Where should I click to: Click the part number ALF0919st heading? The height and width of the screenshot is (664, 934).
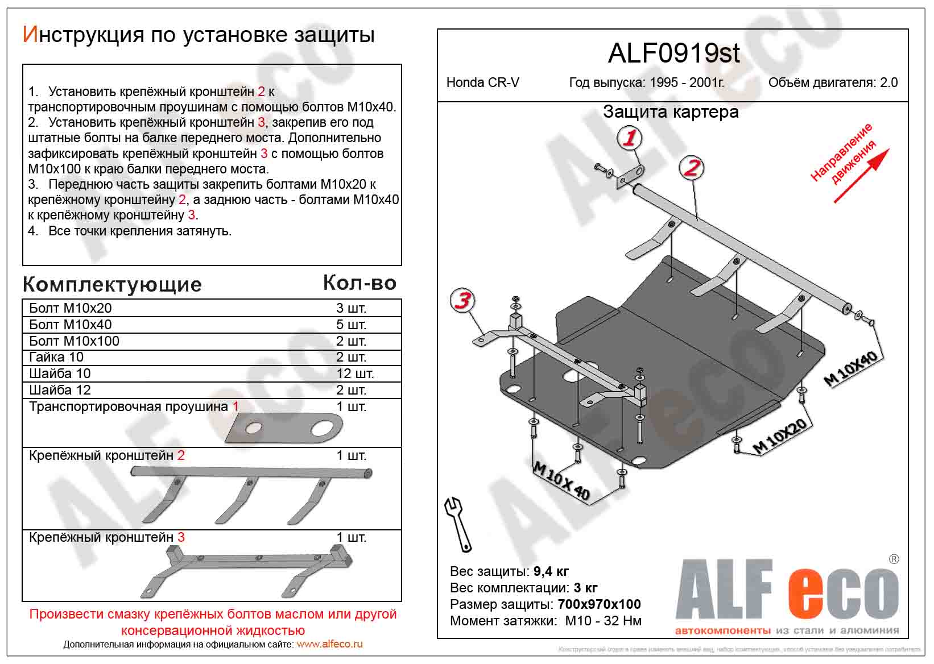(673, 53)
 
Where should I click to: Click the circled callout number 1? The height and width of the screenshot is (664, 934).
(629, 138)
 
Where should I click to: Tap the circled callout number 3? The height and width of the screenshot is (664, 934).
(462, 300)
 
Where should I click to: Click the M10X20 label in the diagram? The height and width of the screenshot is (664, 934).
(780, 437)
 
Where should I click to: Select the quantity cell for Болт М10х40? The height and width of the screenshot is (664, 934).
(351, 325)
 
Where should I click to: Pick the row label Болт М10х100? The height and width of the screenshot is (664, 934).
(75, 341)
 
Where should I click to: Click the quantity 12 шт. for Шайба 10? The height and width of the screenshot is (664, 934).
(355, 374)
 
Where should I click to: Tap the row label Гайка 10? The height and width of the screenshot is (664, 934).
(56, 357)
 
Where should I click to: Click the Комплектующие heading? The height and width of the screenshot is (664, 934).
(112, 284)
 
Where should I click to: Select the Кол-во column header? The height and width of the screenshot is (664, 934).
(359, 283)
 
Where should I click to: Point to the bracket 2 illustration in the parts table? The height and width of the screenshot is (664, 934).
(250, 492)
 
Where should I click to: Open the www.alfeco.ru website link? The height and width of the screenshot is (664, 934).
(329, 644)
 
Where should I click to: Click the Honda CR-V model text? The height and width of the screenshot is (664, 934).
(482, 82)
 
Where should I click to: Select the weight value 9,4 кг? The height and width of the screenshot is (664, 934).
(551, 571)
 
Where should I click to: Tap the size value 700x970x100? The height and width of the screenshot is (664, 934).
(599, 604)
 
